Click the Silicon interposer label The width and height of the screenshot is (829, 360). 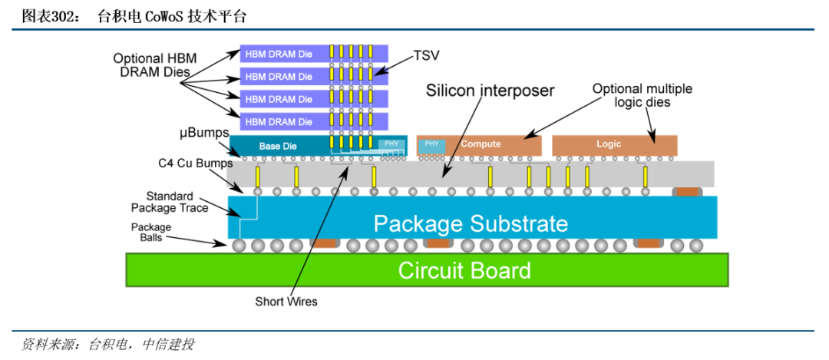pyautogui.click(x=490, y=91)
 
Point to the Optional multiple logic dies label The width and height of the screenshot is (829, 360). pyautogui.click(x=642, y=95)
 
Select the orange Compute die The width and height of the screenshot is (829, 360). pyautogui.click(x=481, y=144)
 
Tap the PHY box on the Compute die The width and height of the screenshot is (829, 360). pyautogui.click(x=431, y=143)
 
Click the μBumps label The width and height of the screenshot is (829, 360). pyautogui.click(x=200, y=134)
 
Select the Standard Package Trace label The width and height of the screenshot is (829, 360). pyautogui.click(x=170, y=202)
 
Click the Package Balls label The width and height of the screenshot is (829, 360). pyautogui.click(x=150, y=233)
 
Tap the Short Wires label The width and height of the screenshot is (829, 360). pyautogui.click(x=286, y=302)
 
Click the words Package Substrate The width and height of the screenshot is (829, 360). pyautogui.click(x=471, y=223)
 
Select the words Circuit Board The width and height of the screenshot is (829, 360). pyautogui.click(x=464, y=270)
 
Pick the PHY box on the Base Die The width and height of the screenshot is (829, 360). pyautogui.click(x=391, y=144)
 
